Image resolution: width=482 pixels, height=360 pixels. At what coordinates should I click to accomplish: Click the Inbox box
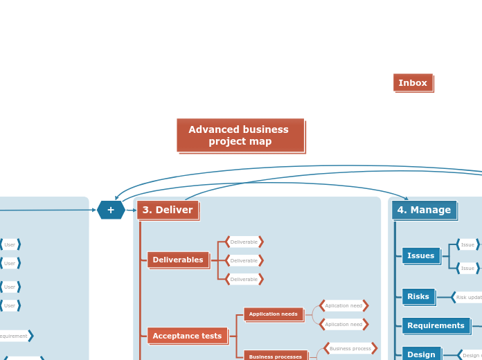pos(413,82)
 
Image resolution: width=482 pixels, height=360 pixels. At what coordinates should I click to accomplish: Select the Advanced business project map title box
pos(240,135)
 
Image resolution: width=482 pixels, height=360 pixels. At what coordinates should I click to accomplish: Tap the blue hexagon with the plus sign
pos(111,210)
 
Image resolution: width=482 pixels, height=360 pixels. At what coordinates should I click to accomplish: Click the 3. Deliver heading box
pos(168,210)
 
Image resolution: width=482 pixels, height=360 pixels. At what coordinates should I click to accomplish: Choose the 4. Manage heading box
pos(424,210)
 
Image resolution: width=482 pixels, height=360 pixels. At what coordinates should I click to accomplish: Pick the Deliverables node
pos(178,260)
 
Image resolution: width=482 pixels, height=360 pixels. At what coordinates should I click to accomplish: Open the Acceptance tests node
pos(187,336)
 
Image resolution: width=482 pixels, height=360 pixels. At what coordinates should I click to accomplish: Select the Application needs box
pos(273,314)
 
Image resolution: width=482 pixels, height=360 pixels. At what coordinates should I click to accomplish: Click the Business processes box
pos(275,357)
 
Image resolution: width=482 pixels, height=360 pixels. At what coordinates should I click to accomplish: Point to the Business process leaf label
pos(350,348)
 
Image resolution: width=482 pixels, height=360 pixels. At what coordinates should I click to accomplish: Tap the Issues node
pos(420,255)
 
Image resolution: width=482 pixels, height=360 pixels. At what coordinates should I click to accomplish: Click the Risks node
pos(418,296)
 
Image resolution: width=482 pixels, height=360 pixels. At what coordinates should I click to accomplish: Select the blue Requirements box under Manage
pos(436,325)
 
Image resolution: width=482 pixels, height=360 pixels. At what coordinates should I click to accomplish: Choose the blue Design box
pos(421,354)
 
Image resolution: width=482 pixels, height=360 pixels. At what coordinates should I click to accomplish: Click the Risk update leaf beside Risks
pos(468,298)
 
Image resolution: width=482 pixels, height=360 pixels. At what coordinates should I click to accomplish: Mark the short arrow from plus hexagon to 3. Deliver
pos(131,210)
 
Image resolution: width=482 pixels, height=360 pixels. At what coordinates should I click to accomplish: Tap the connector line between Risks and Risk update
pos(443,297)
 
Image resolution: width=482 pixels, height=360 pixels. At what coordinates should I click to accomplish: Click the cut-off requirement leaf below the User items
pos(14,336)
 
